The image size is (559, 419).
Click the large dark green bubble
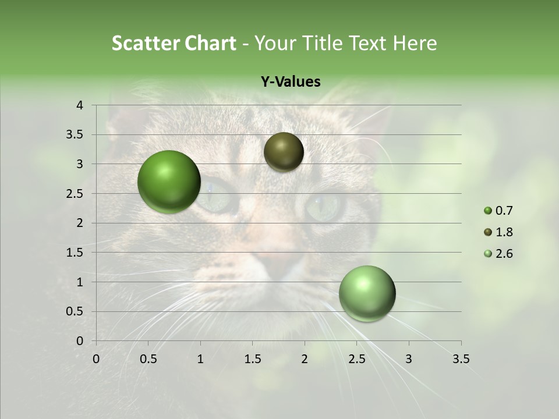(169, 182)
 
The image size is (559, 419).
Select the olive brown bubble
(284, 152)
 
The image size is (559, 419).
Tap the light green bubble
(367, 293)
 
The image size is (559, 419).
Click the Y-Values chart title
(291, 82)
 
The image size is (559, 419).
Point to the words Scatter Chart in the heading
(174, 43)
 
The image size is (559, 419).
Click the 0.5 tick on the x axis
(148, 359)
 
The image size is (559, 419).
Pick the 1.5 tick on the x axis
(252, 359)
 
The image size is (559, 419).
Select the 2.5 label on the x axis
(356, 359)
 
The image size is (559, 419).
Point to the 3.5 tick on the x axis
(461, 359)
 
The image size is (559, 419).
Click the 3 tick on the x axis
(409, 359)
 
